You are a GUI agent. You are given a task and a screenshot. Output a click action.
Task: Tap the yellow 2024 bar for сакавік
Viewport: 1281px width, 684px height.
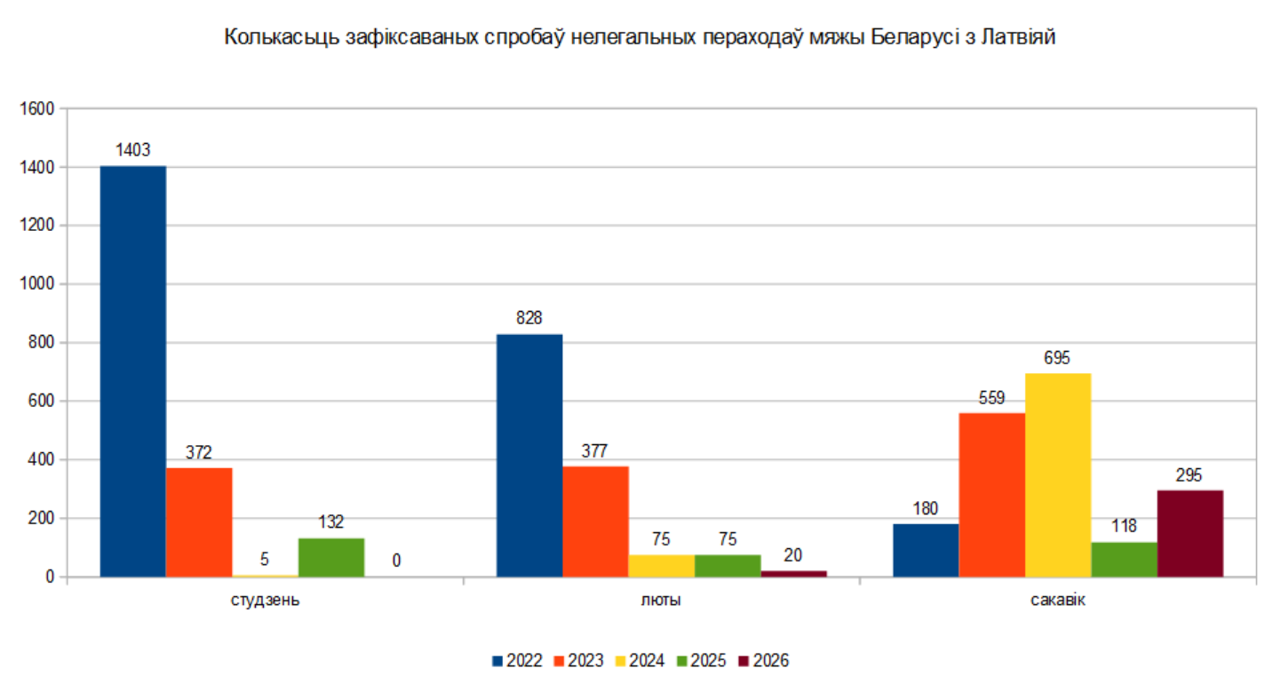[1058, 475]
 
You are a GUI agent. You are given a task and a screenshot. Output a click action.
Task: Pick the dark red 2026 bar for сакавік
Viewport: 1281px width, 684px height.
[1190, 533]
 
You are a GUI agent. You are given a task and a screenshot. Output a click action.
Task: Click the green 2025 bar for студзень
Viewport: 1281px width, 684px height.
[331, 557]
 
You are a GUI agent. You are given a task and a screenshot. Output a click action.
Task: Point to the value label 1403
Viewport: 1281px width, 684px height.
[132, 151]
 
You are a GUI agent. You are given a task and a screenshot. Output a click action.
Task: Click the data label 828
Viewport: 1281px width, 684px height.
[529, 318]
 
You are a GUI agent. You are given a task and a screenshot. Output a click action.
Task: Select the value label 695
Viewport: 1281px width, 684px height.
[1058, 358]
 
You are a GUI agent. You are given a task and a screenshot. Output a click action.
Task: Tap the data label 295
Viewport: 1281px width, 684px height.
[1190, 475]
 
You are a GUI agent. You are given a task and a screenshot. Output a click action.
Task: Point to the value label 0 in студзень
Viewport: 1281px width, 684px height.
[396, 561]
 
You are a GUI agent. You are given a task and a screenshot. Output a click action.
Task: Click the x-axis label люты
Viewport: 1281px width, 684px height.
[662, 600]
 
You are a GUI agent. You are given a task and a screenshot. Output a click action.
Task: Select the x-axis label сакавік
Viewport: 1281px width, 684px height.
[1058, 600]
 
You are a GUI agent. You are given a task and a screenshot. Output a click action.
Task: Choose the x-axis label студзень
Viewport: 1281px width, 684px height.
[265, 600]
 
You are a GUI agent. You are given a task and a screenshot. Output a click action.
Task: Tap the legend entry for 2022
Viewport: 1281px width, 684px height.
[517, 661]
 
